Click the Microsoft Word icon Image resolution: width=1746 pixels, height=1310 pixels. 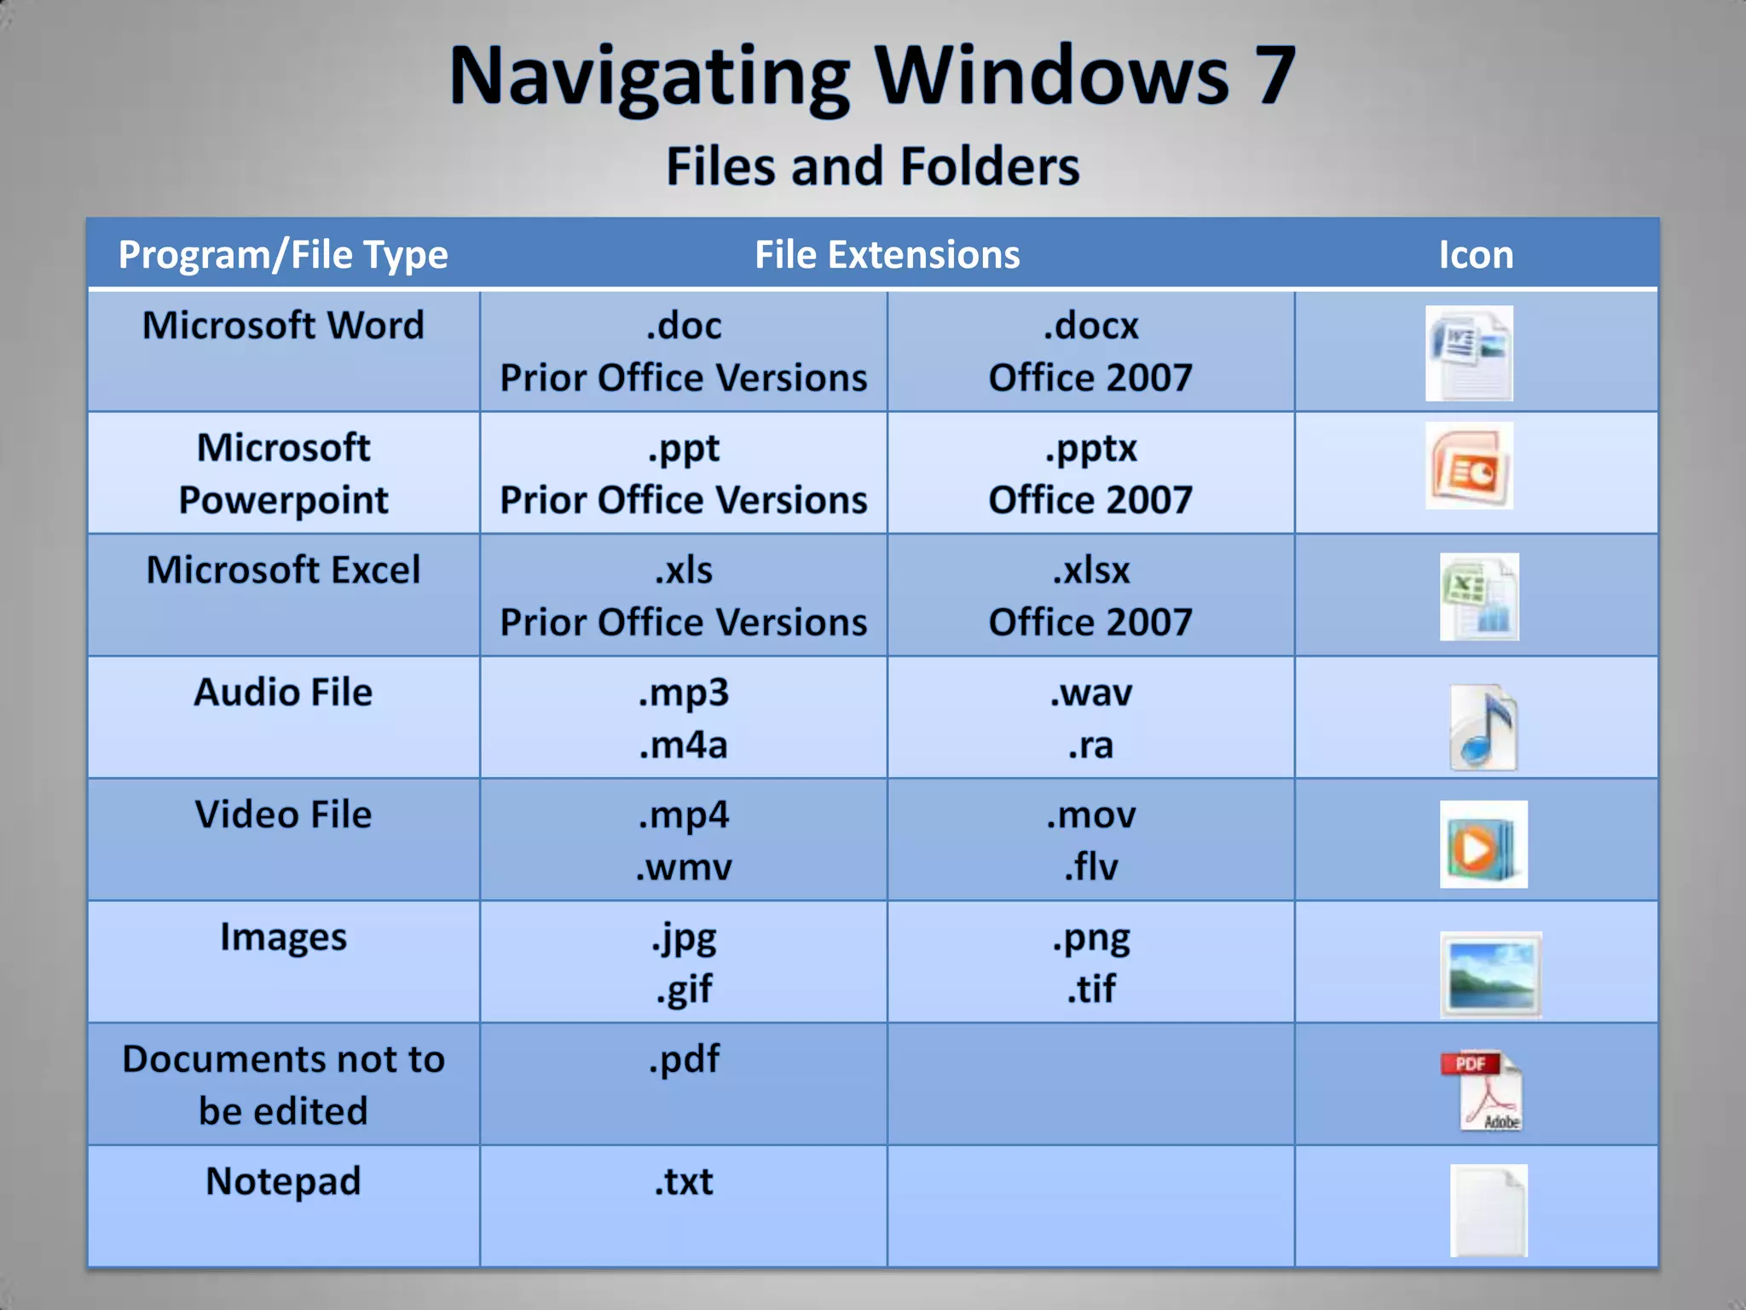coord(1469,353)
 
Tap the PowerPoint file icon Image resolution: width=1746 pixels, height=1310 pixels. coord(1469,466)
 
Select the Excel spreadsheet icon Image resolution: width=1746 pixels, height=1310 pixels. coord(1479,597)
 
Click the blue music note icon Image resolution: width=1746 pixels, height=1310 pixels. coord(1483,727)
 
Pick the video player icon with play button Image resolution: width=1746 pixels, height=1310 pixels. coord(1483,844)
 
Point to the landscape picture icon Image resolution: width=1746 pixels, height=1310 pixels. coord(1490,975)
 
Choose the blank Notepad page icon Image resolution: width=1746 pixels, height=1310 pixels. coord(1489,1210)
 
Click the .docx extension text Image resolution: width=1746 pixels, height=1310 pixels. coord(1090,326)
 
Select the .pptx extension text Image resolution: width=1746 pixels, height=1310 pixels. coord(1090,449)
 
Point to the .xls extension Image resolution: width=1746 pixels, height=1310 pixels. coord(684,570)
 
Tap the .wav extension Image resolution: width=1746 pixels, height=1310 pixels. coord(1090,693)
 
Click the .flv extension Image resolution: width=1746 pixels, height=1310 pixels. coord(1090,867)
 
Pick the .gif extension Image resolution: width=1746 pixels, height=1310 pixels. coord(684,989)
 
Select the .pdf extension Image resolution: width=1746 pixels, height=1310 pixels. coord(684,1059)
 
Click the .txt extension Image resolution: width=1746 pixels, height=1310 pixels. coord(684,1182)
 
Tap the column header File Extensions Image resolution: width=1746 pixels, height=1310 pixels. coord(887,255)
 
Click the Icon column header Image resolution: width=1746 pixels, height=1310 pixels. coord(1476,255)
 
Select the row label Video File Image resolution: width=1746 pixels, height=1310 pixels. coord(283,814)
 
